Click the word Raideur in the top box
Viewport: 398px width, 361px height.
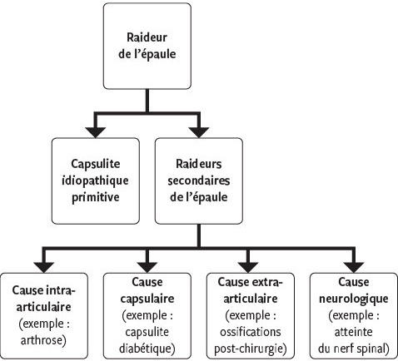click(x=147, y=37)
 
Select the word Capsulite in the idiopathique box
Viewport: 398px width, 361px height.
click(x=96, y=164)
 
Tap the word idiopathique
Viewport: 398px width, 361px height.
click(x=95, y=181)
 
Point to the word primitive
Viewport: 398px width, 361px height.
click(x=96, y=198)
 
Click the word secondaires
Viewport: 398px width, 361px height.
click(x=199, y=181)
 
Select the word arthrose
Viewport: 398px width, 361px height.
click(x=43, y=340)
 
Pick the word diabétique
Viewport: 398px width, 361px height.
click(x=147, y=349)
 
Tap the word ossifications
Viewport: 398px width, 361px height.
click(x=251, y=332)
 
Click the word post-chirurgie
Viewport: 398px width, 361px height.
click(x=251, y=349)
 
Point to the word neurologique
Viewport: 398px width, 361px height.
click(x=354, y=299)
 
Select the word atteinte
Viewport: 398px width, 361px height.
click(x=353, y=332)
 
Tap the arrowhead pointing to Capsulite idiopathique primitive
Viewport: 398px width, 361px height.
click(x=96, y=132)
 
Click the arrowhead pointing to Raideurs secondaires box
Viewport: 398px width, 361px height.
click(x=199, y=132)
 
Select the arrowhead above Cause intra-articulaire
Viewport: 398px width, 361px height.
click(x=44, y=267)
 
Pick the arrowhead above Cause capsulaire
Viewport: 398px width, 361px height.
click(x=147, y=267)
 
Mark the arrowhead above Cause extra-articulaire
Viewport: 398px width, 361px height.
click(x=249, y=267)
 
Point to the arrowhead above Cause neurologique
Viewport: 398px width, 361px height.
click(x=354, y=267)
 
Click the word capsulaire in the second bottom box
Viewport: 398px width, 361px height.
click(x=147, y=299)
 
